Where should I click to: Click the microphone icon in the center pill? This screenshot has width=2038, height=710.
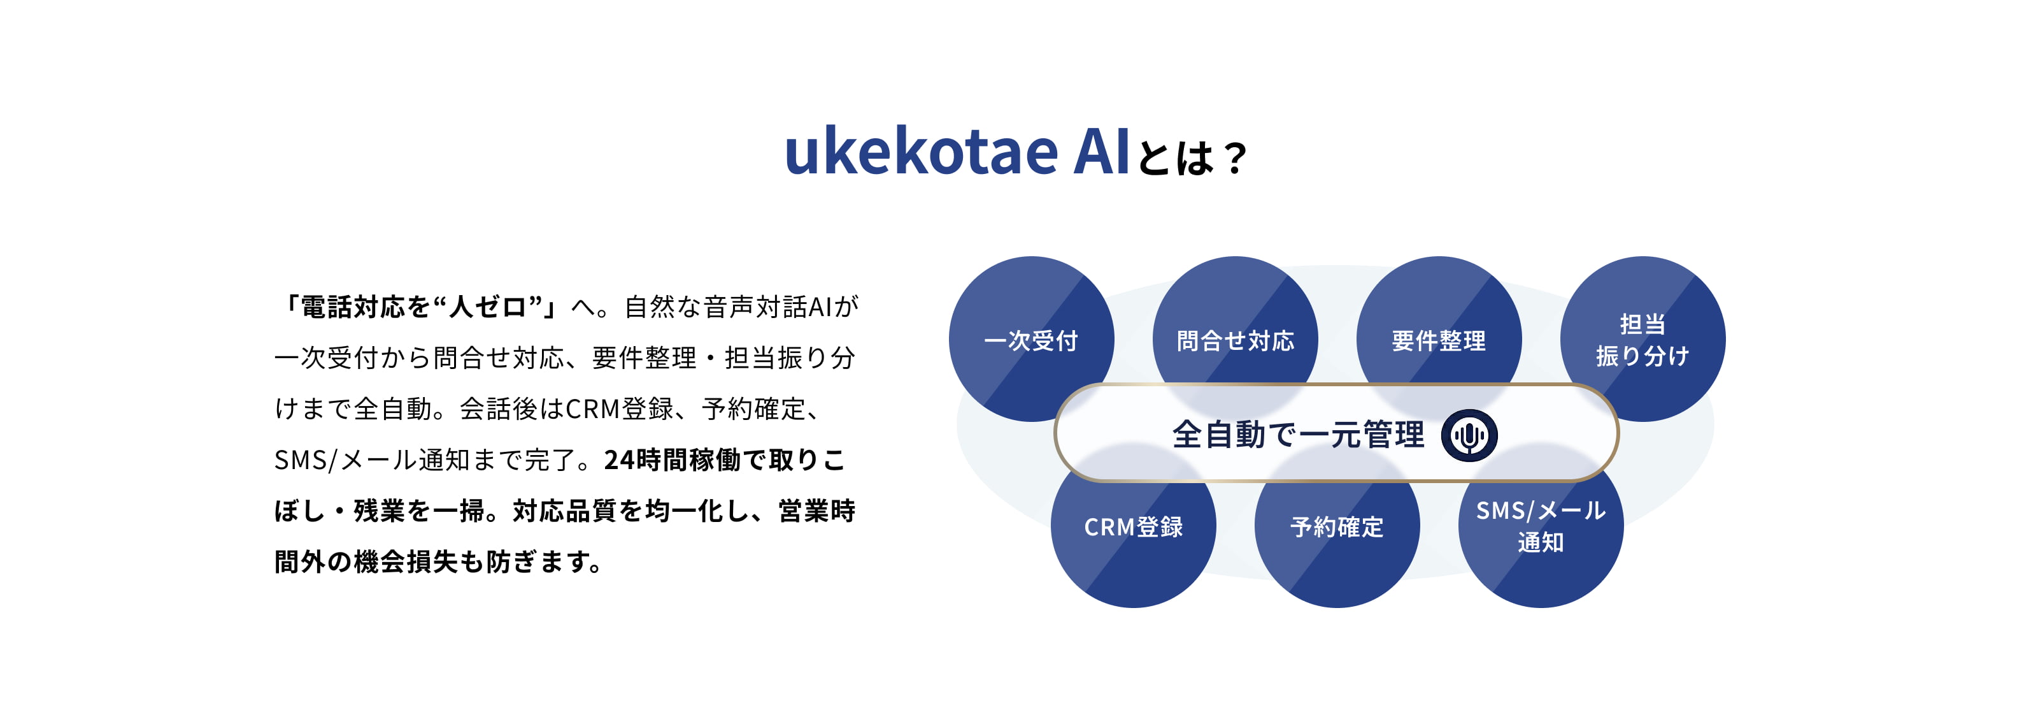pos(1469,435)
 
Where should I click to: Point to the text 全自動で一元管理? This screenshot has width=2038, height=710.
pos(1297,435)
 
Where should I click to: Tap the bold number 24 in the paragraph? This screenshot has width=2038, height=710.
pos(618,460)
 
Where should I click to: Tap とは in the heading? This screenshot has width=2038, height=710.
pos(1176,158)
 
